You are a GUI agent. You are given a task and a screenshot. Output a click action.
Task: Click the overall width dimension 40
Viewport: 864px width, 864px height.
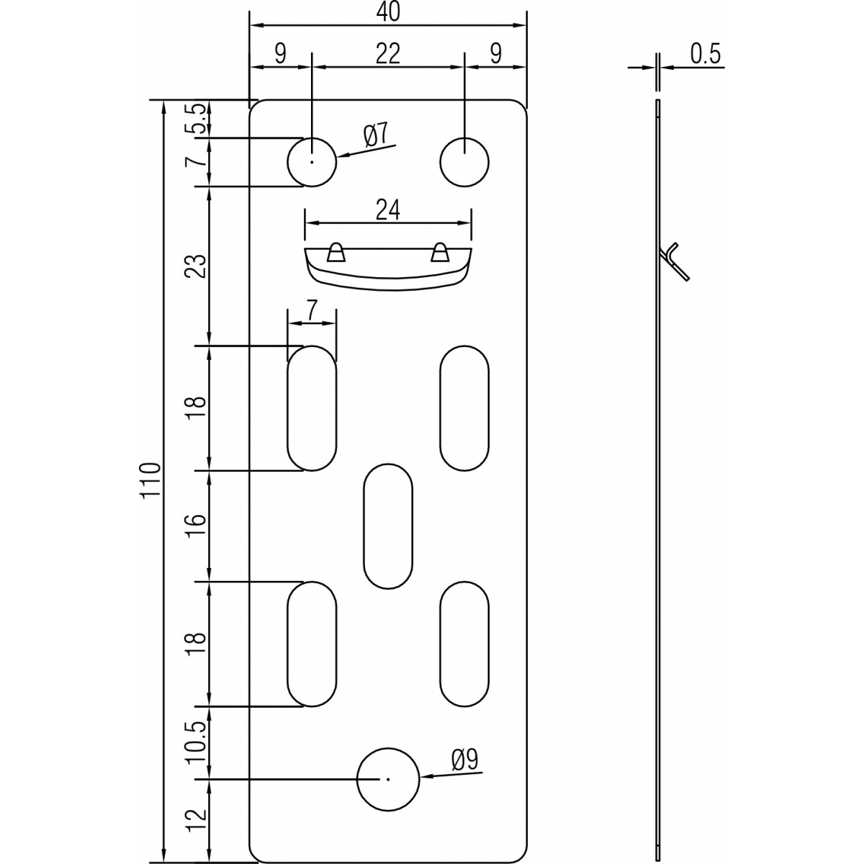388,12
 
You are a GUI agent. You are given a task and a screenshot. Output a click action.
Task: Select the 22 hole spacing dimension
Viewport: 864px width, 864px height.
388,54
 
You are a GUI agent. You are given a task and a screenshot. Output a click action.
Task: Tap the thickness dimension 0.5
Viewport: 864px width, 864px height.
705,55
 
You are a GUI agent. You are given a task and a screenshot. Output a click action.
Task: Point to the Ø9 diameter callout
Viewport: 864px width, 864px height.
464,760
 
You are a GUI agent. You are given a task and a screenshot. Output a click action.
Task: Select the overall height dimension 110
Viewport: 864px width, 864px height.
149,480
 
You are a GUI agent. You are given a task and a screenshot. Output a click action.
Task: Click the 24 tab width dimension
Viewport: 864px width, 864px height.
388,210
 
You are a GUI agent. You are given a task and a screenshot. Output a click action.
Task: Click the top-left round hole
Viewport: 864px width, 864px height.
312,161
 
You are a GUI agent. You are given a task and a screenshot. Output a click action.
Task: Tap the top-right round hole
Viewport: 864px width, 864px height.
464,161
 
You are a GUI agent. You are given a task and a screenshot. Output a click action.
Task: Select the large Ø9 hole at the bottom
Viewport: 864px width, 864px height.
388,778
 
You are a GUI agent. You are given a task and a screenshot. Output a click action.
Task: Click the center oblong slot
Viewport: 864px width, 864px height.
388,526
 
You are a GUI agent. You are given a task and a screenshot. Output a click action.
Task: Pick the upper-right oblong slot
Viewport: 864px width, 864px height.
464,408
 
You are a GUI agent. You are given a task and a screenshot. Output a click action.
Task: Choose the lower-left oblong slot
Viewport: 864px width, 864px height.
312,644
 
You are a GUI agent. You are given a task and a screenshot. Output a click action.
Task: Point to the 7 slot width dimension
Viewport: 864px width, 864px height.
311,311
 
